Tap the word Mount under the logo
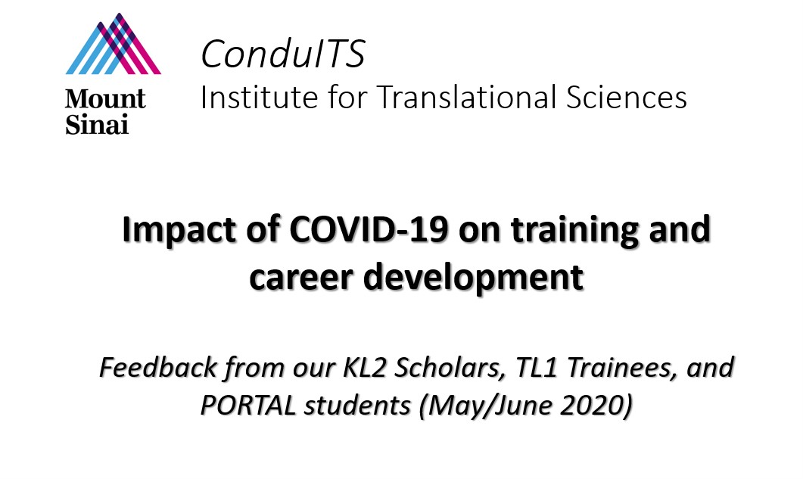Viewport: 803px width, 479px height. (x=105, y=99)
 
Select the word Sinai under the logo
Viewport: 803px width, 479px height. (x=97, y=124)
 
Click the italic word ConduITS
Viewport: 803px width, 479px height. (x=283, y=53)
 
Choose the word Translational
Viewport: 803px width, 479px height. (x=466, y=97)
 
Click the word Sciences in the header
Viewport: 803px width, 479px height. (x=627, y=97)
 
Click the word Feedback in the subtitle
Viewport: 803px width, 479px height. (x=157, y=367)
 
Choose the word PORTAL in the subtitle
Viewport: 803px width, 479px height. (x=248, y=406)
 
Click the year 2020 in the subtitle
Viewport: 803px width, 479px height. (x=596, y=406)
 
